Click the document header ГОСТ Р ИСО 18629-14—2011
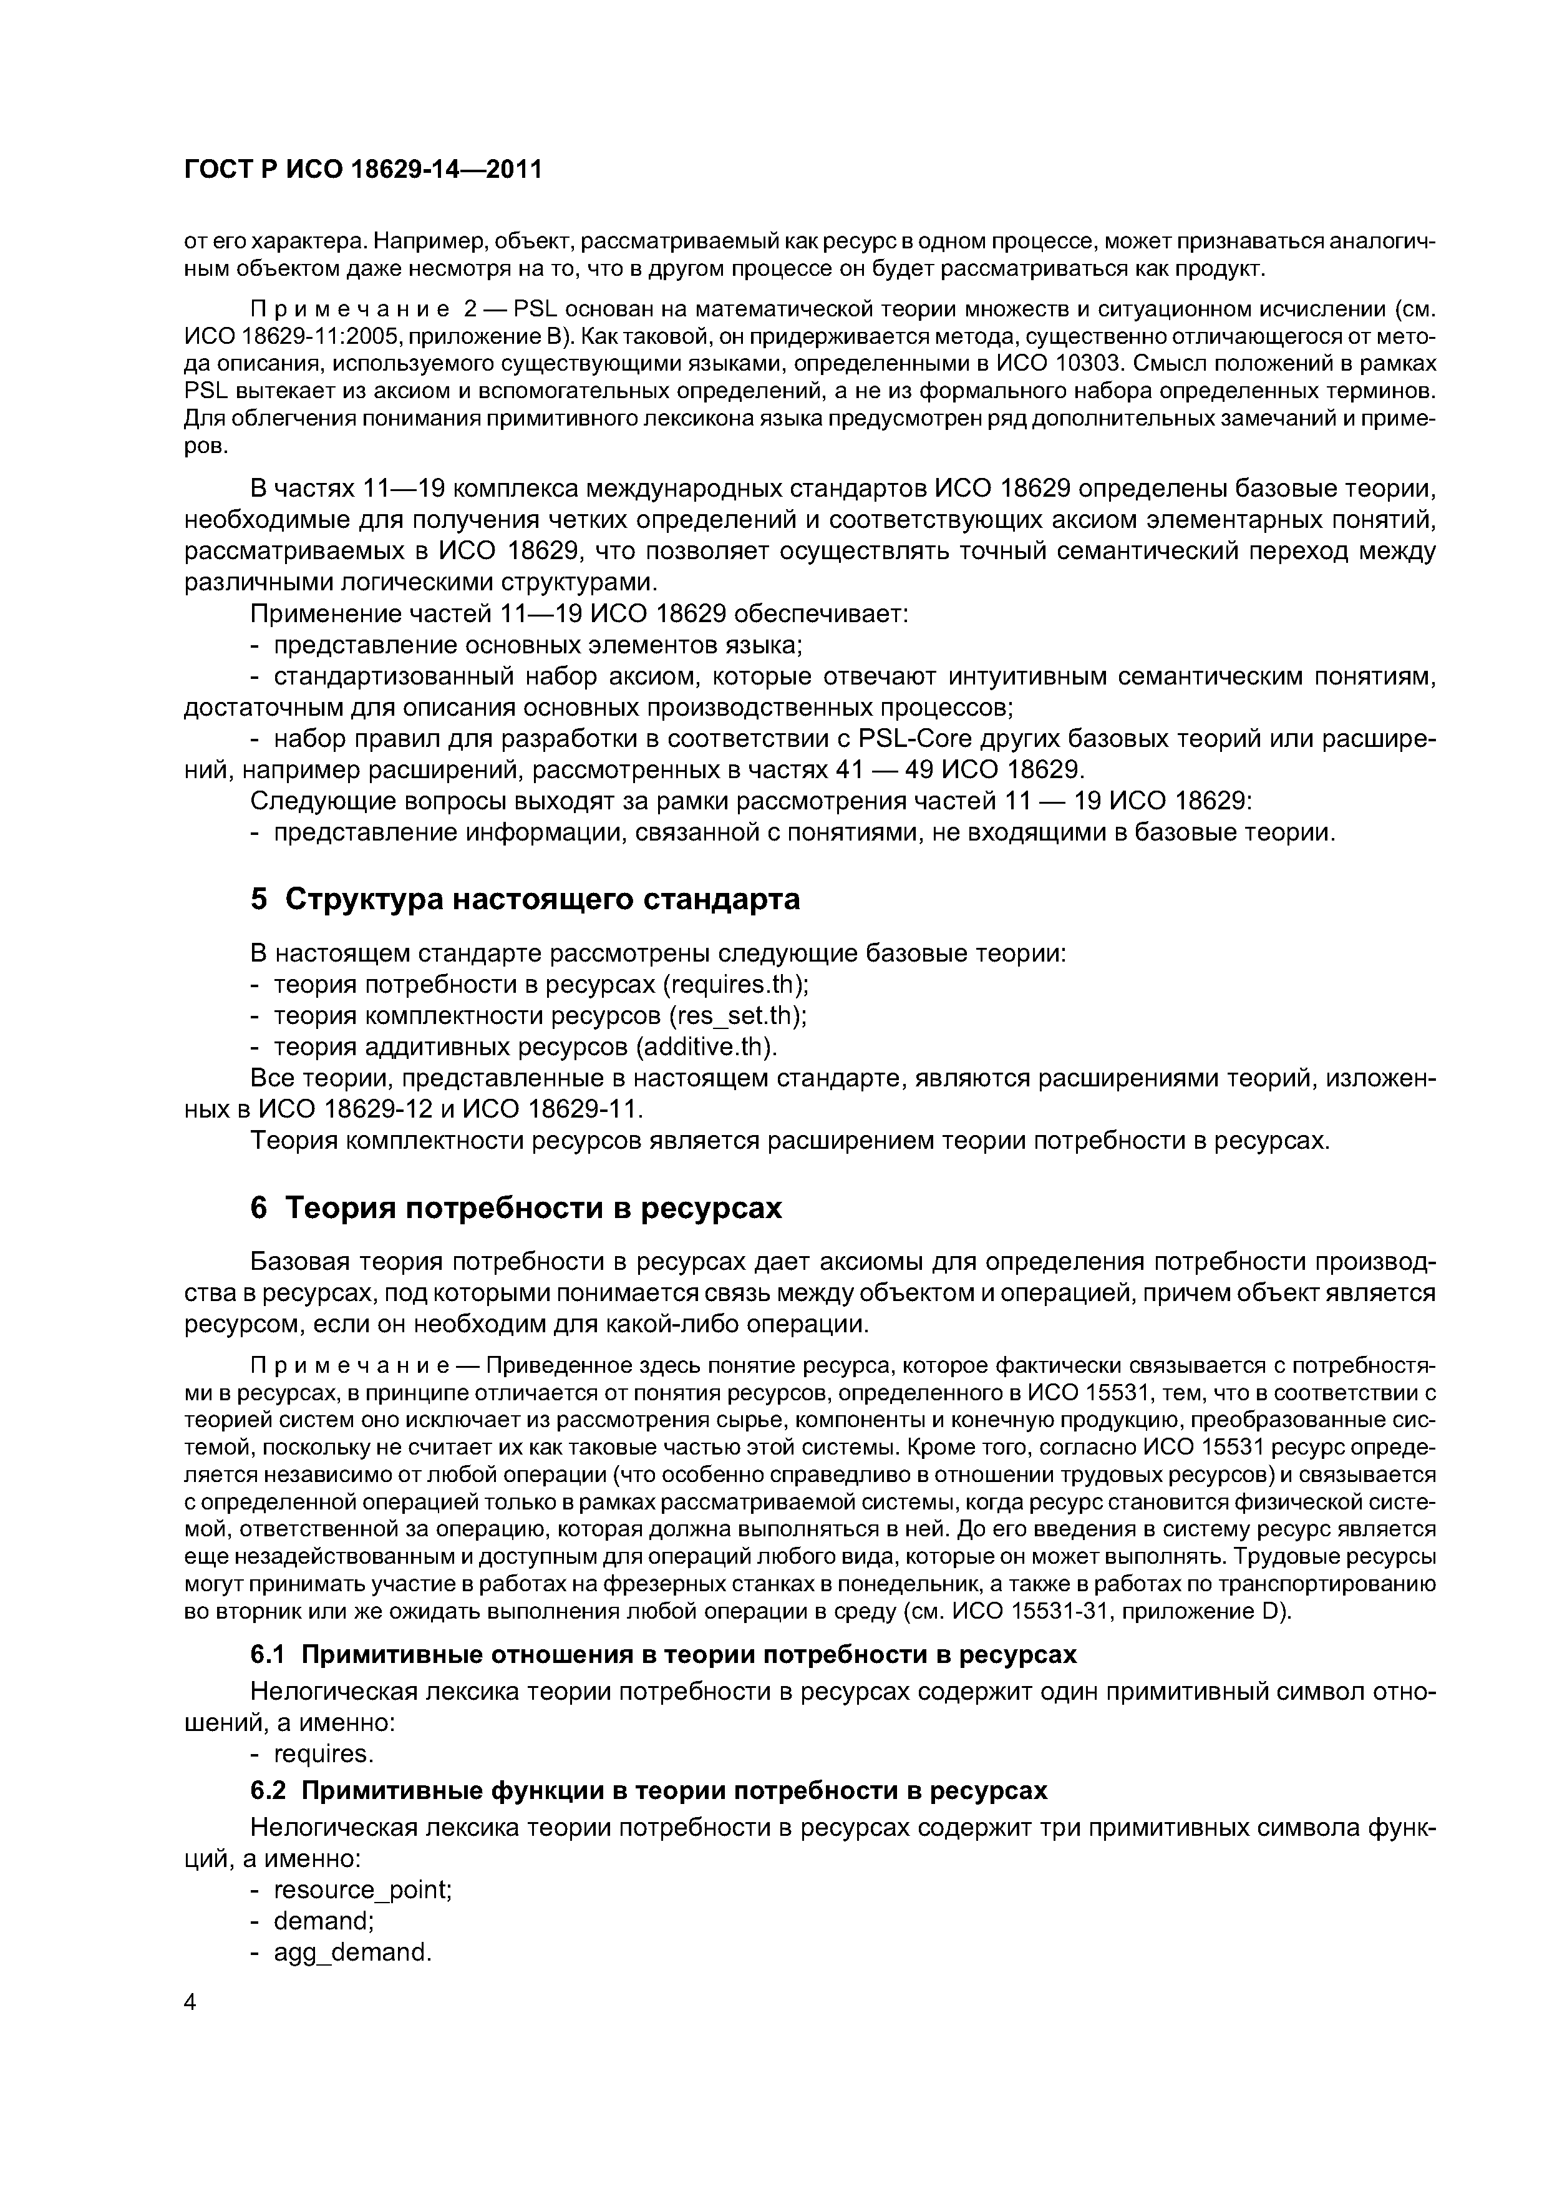click(x=362, y=170)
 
